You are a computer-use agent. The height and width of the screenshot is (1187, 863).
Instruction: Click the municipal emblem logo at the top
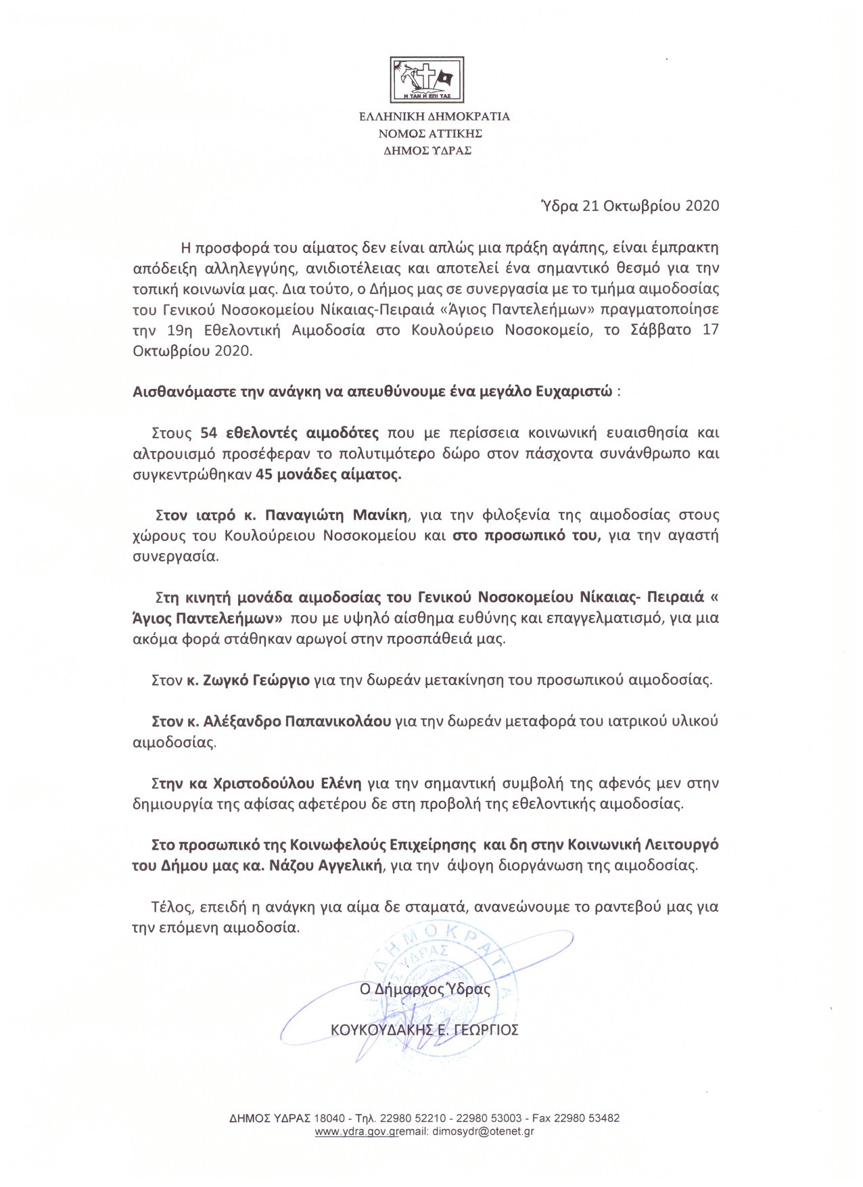tap(427, 80)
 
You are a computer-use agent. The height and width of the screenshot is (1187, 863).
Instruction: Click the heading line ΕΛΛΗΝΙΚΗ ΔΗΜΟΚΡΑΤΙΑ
tap(434, 116)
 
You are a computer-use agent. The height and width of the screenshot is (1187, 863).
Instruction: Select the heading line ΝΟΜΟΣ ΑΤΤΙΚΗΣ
tap(430, 133)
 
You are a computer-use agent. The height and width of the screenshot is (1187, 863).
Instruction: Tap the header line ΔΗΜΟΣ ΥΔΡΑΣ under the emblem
tap(427, 150)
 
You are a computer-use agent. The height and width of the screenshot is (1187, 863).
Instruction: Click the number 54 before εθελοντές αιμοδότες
tap(208, 432)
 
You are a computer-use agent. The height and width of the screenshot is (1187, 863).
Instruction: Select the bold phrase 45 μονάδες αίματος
tap(329, 474)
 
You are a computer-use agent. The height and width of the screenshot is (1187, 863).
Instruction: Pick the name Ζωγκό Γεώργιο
tap(256, 680)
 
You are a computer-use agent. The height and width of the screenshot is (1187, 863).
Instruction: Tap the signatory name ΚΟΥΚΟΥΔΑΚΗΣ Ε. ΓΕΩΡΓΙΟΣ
tap(424, 1030)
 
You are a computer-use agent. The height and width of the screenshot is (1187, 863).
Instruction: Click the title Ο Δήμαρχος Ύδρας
tap(425, 989)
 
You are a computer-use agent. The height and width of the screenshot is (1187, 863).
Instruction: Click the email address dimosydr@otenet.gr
tap(483, 1132)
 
